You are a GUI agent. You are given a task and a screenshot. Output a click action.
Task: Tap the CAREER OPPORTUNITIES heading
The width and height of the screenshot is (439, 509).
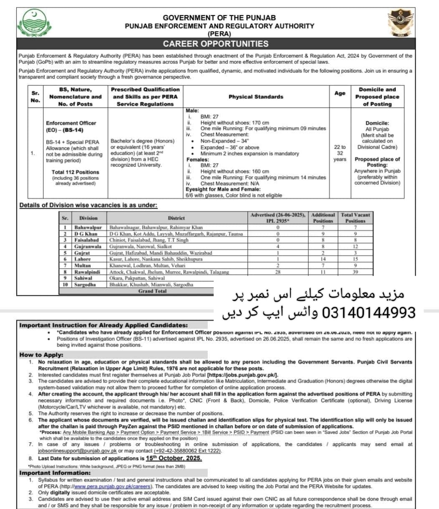click(x=215, y=44)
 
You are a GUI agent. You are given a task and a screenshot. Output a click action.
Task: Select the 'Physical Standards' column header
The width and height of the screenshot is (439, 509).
click(x=255, y=97)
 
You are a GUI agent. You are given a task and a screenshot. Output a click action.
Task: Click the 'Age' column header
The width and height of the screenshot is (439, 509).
click(x=340, y=93)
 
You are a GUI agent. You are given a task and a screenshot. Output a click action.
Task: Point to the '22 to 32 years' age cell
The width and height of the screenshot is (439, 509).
click(x=340, y=153)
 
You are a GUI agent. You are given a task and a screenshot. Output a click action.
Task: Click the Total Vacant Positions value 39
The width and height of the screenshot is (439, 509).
click(x=355, y=272)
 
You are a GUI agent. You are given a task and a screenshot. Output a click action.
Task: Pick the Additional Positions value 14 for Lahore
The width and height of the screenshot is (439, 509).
click(x=323, y=259)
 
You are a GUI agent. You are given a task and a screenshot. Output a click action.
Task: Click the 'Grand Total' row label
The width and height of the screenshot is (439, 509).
click(x=152, y=291)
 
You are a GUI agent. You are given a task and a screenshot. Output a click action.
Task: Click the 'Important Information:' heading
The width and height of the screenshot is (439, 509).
click(x=55, y=473)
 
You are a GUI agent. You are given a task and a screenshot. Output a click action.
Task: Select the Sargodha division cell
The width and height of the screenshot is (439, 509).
click(x=85, y=284)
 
